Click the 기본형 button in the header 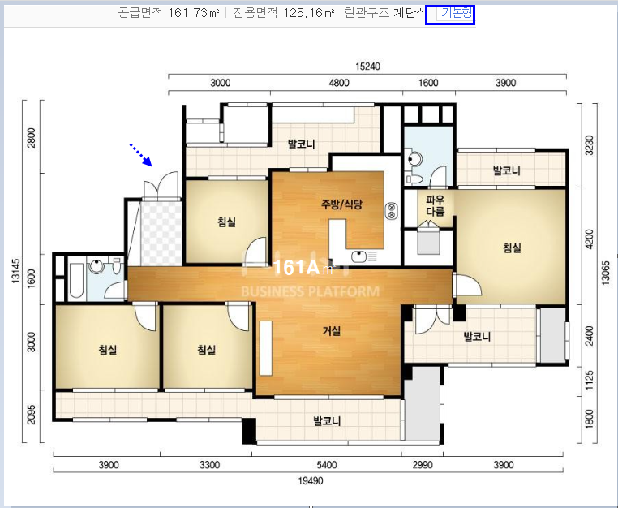[x=456, y=13]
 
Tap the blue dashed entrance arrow [x=141, y=155]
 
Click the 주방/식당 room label [x=341, y=204]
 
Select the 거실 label [x=332, y=331]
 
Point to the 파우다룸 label [x=436, y=206]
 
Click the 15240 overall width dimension [x=367, y=66]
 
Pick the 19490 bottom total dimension [x=311, y=480]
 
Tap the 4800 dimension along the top [x=339, y=83]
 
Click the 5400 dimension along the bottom [x=327, y=465]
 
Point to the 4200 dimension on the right [x=590, y=239]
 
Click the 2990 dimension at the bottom [x=423, y=465]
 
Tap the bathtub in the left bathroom [x=76, y=280]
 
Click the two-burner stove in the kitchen [x=392, y=210]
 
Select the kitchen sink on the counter [x=358, y=257]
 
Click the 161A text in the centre [x=295, y=268]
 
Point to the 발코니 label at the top [x=302, y=144]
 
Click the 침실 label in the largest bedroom [x=512, y=248]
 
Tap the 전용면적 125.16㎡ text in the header [x=284, y=13]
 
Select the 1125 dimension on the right [x=590, y=380]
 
